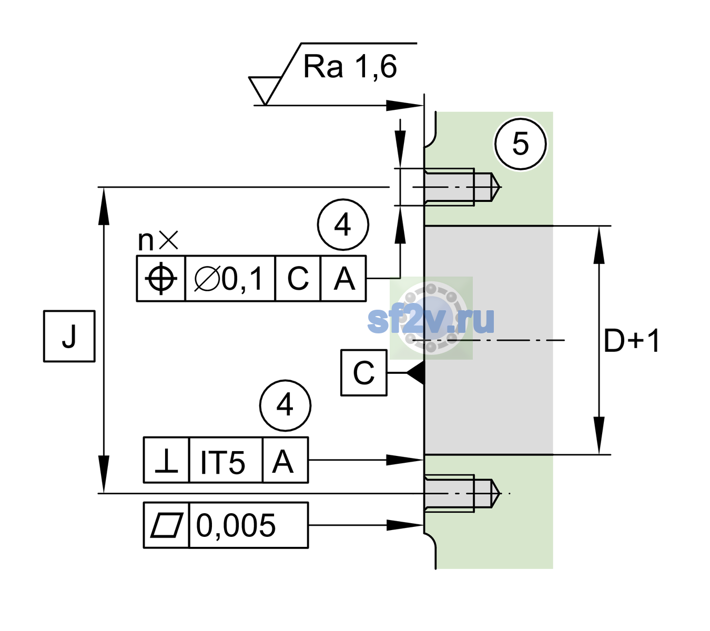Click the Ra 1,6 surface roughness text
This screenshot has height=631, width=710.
[350, 67]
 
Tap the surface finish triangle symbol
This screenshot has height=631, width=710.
[265, 90]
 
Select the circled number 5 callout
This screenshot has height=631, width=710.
[521, 144]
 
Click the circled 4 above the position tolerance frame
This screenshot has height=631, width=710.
[343, 225]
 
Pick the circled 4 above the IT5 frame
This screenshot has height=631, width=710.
[285, 405]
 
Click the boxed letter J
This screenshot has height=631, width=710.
[69, 336]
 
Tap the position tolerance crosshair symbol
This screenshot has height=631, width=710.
[161, 279]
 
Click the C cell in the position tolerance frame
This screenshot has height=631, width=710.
[298, 279]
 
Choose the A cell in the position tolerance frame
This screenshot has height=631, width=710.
[344, 279]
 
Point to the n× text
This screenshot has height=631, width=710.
[158, 240]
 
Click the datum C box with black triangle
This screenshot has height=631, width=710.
[364, 373]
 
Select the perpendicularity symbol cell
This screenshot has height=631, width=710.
[167, 460]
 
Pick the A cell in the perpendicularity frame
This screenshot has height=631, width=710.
[286, 460]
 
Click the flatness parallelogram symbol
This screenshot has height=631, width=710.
[167, 525]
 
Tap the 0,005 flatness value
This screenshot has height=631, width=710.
[236, 525]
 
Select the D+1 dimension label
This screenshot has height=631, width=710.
[632, 341]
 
